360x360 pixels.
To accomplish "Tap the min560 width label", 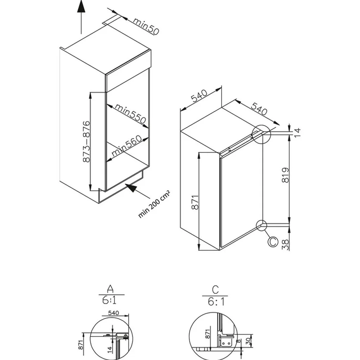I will pyautogui.click(x=126, y=146).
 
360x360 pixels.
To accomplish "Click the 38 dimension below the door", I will pyautogui.click(x=286, y=243).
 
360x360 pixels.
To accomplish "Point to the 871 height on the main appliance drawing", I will pyautogui.click(x=195, y=202).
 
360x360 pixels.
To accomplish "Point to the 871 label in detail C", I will pyautogui.click(x=207, y=334).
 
